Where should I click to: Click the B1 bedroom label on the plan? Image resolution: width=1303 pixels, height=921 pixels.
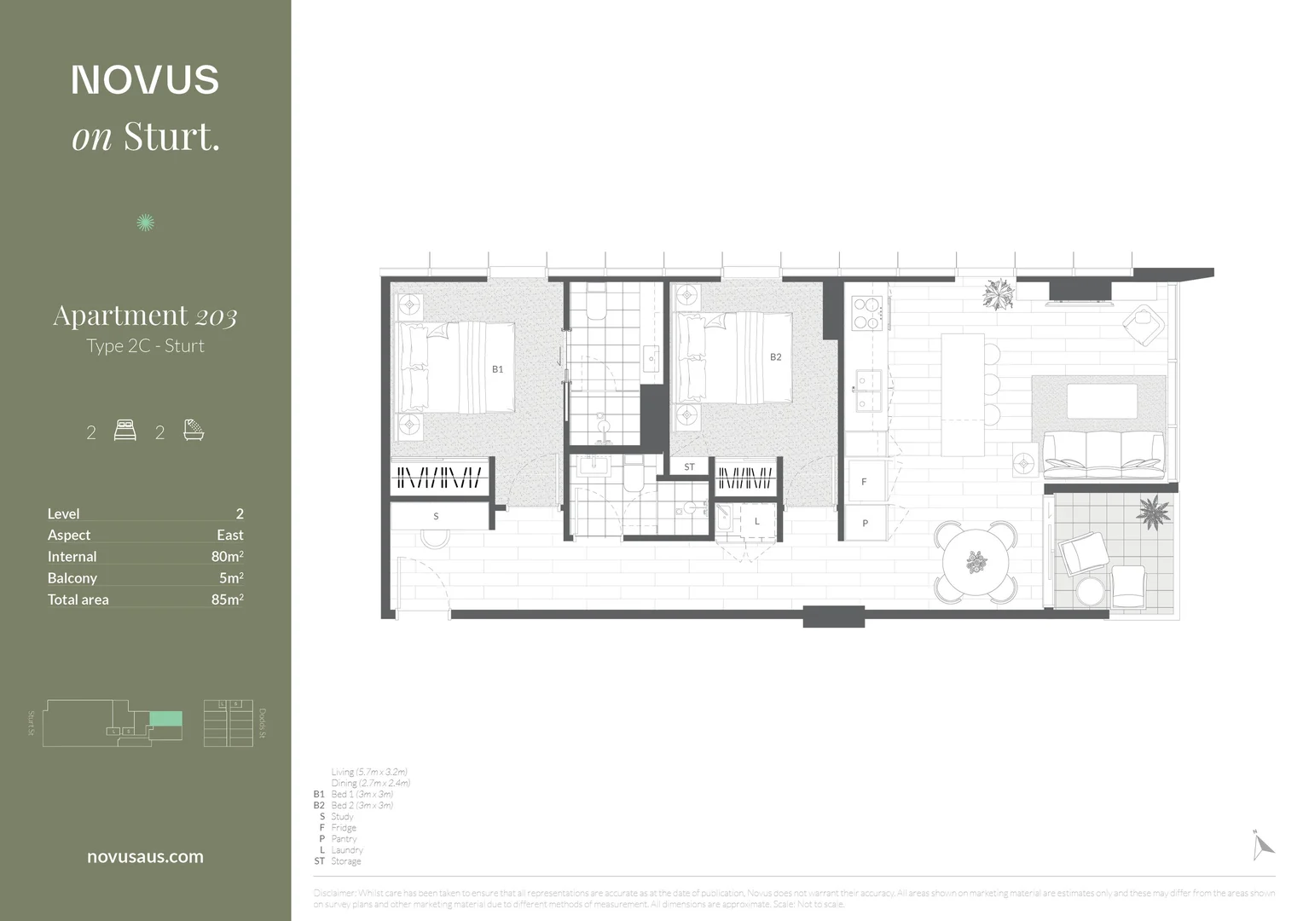tap(497, 369)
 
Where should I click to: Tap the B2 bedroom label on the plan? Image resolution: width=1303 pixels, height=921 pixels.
tap(775, 357)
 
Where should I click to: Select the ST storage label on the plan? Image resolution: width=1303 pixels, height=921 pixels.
tap(689, 467)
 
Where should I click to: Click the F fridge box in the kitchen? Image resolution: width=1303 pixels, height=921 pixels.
tap(864, 482)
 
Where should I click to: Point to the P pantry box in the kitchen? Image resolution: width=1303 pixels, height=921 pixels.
tap(865, 523)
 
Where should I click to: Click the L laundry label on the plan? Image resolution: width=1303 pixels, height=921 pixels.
tap(756, 521)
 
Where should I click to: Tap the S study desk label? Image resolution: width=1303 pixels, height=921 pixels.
tap(436, 516)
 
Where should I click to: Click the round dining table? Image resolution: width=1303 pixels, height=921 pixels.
tap(976, 562)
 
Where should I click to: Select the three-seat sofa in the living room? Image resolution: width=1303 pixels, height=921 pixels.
tap(1103, 454)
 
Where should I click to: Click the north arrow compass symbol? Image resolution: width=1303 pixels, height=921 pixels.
tap(1262, 845)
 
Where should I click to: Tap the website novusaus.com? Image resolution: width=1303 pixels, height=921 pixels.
tap(145, 857)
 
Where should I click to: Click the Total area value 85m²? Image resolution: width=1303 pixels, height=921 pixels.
tap(227, 600)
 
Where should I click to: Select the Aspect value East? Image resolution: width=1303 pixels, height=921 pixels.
tap(229, 535)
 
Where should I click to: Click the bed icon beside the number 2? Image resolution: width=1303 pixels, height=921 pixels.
tap(125, 431)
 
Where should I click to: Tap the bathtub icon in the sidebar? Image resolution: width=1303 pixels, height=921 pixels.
tap(194, 430)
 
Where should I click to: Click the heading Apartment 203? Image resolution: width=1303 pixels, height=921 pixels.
tap(145, 316)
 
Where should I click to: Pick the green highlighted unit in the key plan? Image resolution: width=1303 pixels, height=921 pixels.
tap(166, 719)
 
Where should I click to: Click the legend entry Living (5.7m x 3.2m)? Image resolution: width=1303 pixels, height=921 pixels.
tap(369, 772)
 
